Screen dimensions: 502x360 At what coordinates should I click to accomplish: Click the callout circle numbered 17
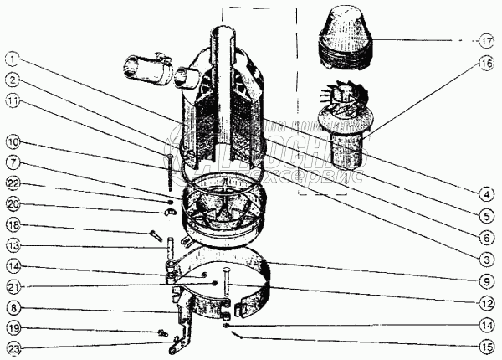click(486, 40)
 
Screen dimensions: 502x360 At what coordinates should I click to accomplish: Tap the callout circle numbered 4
click(486, 194)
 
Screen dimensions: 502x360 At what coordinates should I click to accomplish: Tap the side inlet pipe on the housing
click(147, 67)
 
